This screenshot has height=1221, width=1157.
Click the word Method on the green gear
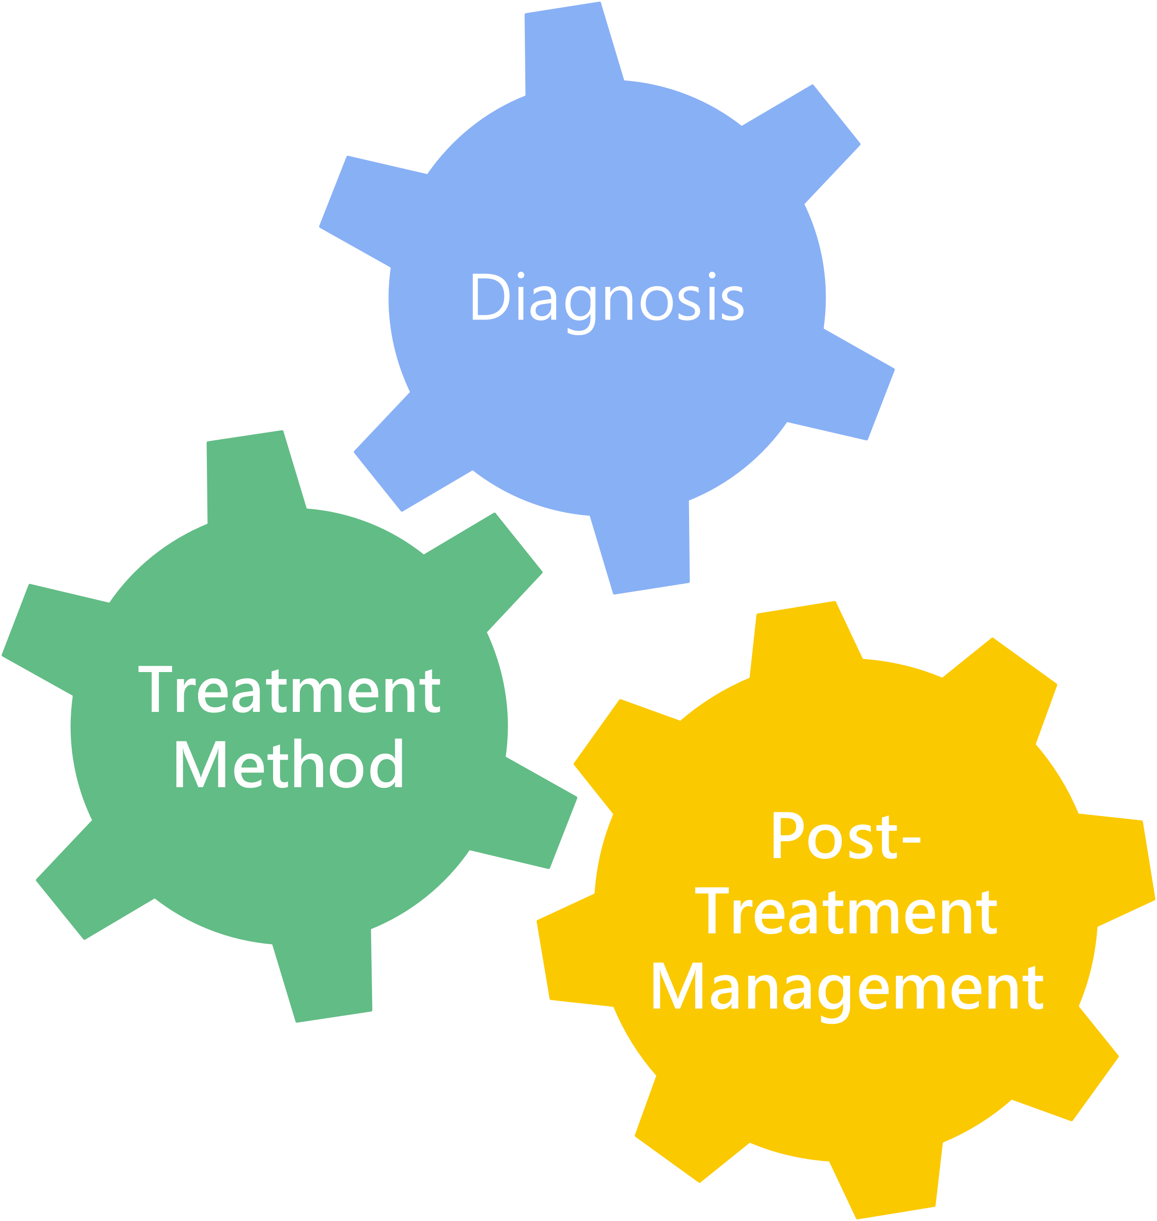point(289,765)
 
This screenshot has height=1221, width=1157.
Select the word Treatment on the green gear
point(289,690)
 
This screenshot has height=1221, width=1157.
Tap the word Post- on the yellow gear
point(846,837)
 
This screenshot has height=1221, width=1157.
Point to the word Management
point(847,989)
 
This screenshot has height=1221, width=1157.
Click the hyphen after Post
point(910,840)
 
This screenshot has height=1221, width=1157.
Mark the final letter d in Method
point(387,765)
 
